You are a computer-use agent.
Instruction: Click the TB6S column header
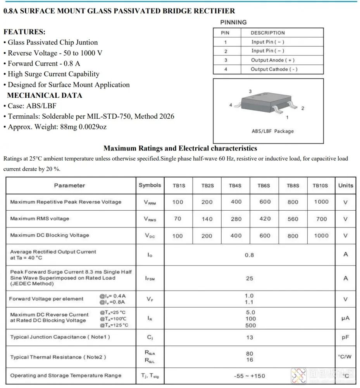click(x=264, y=185)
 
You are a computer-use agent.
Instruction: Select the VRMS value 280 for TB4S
click(x=236, y=219)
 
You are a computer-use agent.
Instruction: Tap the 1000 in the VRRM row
click(x=321, y=202)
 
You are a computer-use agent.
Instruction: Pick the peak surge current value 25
click(x=250, y=278)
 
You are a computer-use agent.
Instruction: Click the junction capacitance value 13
click(x=250, y=337)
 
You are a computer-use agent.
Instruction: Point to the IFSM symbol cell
click(x=150, y=279)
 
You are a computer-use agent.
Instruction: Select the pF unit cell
click(x=345, y=338)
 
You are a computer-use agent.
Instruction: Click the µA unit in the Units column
click(x=345, y=319)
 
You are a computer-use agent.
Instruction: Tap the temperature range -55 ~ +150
click(x=250, y=376)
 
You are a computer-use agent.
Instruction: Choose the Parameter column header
click(x=70, y=185)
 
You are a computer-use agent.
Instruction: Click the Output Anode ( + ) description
click(x=273, y=60)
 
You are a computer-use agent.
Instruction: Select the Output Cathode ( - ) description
click(x=274, y=69)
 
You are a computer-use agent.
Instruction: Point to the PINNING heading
click(x=233, y=22)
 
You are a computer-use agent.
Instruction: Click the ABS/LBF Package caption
click(x=273, y=131)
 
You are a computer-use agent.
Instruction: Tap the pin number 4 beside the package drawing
click(x=231, y=105)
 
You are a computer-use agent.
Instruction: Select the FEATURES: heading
click(x=24, y=32)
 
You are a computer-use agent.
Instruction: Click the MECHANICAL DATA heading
click(x=45, y=95)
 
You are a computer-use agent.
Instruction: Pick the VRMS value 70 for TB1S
click(x=177, y=219)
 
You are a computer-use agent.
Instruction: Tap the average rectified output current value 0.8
click(x=250, y=255)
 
